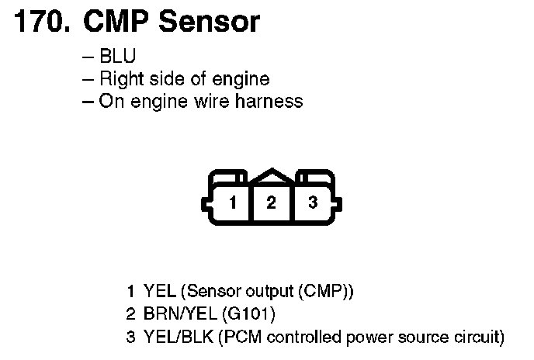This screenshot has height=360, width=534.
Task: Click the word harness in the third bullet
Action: click(273, 102)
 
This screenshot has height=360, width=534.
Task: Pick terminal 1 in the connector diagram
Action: click(231, 203)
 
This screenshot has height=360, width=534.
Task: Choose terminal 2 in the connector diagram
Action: click(272, 203)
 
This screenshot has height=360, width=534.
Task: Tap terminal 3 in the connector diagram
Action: click(312, 203)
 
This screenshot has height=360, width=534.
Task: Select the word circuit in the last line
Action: click(477, 337)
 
